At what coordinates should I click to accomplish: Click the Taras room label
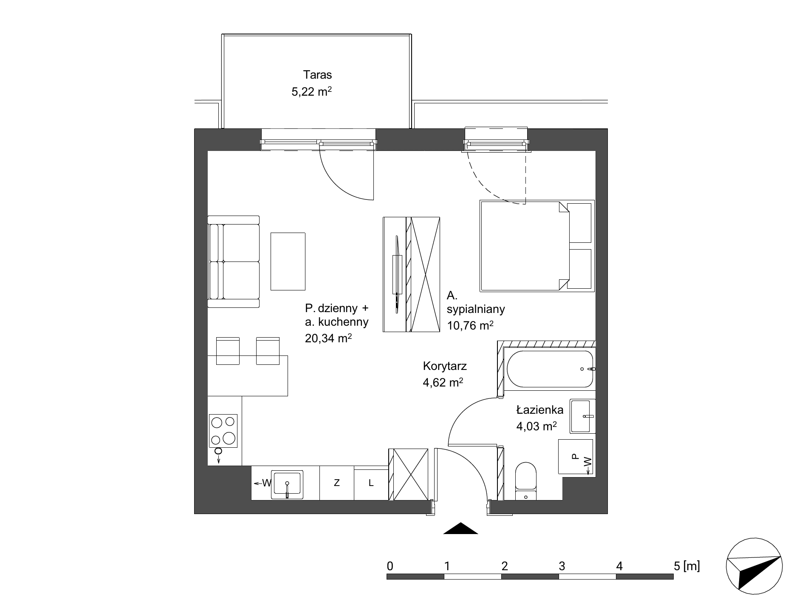click(x=317, y=75)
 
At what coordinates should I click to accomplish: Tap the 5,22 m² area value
click(x=311, y=91)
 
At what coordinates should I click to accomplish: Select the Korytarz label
click(x=445, y=366)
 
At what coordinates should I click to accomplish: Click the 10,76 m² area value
click(x=470, y=325)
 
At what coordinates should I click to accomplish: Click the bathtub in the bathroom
click(x=549, y=369)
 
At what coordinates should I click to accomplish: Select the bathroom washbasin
click(x=582, y=416)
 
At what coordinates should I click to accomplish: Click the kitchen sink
click(x=287, y=484)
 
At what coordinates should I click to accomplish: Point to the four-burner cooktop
click(x=223, y=430)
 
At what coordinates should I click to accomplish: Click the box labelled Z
click(x=336, y=483)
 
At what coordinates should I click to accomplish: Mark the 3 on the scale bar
click(x=562, y=566)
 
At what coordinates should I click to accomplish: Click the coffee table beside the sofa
click(x=288, y=262)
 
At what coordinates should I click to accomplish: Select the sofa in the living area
click(x=233, y=262)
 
